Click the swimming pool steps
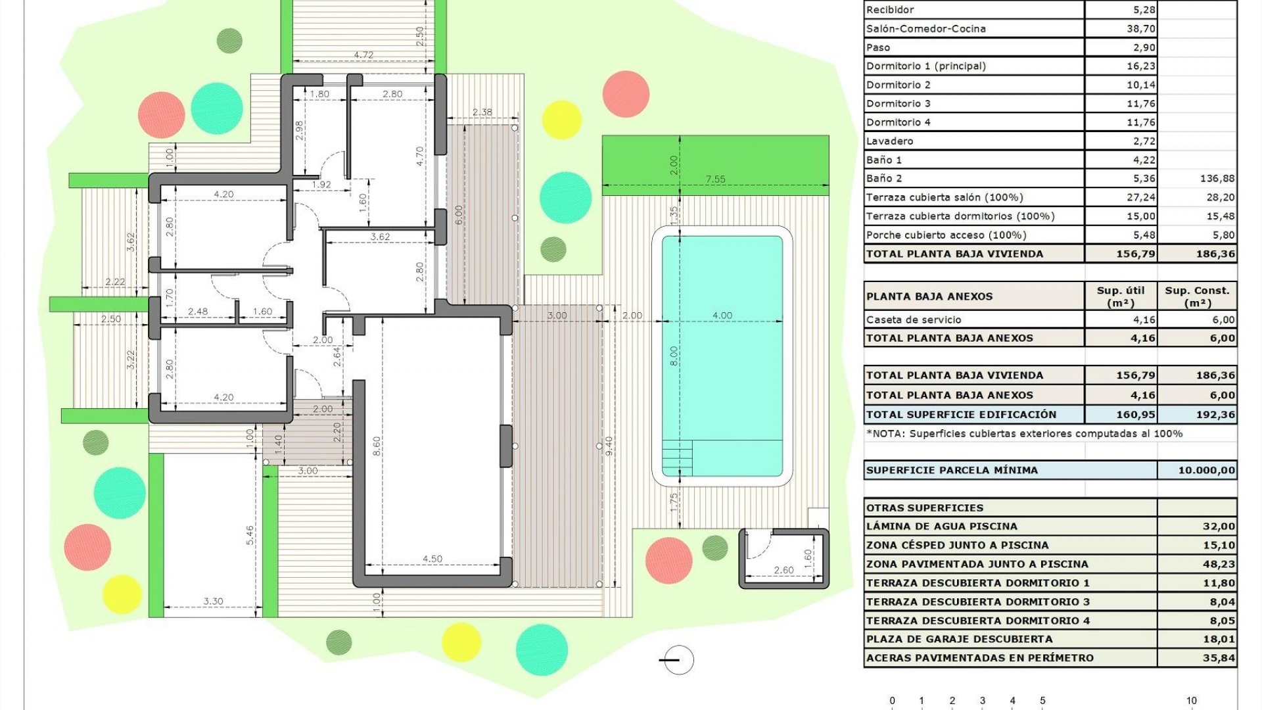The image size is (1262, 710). tap(678, 457)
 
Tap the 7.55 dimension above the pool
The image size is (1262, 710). tap(715, 179)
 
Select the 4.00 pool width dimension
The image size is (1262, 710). tap(722, 316)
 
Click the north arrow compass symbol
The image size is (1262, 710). tap(678, 660)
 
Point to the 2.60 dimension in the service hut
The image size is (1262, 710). tap(783, 570)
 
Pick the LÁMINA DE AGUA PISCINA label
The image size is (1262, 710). tap(941, 526)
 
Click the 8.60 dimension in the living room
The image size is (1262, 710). tap(377, 446)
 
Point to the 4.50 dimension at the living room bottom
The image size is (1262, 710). tap(432, 559)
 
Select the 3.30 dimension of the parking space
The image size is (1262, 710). tap(213, 601)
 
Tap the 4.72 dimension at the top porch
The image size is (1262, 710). tap(363, 55)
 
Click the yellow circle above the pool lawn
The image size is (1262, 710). tap(561, 120)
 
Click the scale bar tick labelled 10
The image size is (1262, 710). tap(1191, 701)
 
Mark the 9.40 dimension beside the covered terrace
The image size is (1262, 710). tap(609, 446)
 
